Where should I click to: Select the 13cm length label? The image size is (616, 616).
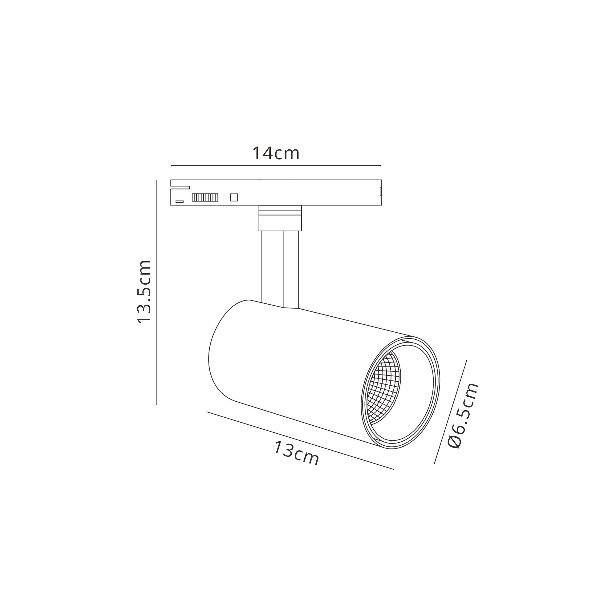coord(296,453)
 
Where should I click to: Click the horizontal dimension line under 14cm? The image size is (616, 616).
coord(276,165)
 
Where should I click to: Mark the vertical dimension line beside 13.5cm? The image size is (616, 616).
coord(156,292)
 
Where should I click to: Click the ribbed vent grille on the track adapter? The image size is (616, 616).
coord(205,197)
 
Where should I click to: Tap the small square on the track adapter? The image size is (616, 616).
coord(234,197)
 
